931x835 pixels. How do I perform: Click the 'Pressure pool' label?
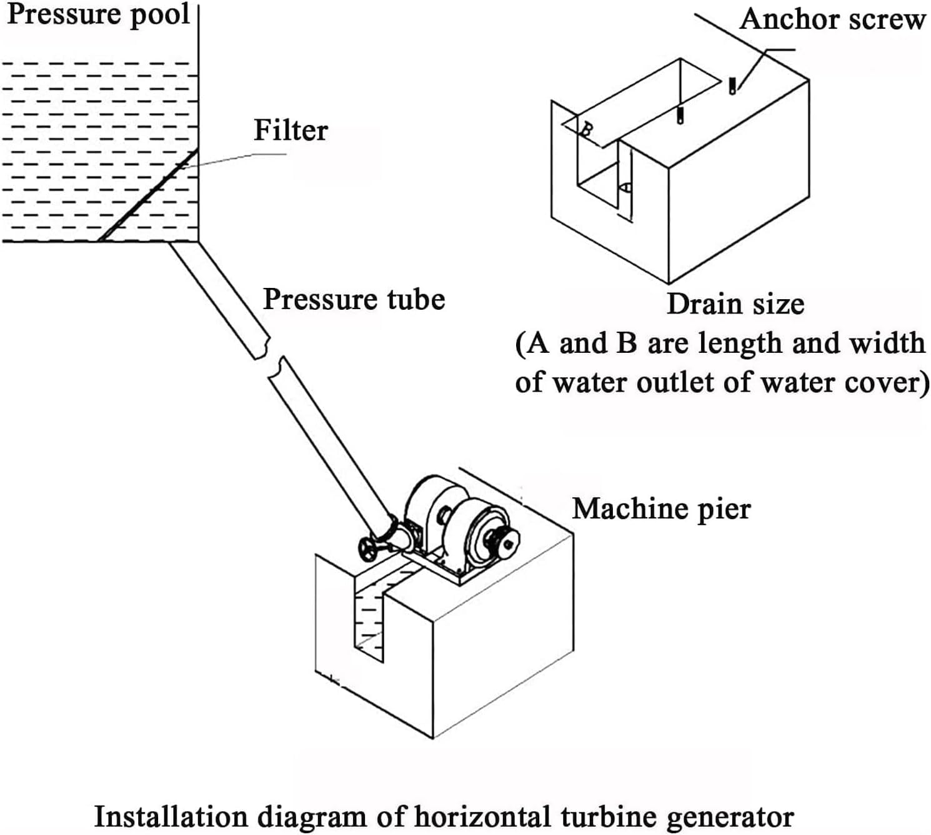pos(98,15)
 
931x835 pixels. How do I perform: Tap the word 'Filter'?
pos(291,131)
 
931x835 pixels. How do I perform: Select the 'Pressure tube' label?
pos(354,299)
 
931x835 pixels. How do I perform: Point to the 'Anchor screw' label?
pos(832,19)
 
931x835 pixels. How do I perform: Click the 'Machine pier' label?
pos(661,508)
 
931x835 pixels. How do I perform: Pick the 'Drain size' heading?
pos(735,304)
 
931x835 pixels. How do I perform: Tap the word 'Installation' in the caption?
pos(170,816)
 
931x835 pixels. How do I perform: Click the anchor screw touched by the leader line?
pos(732,86)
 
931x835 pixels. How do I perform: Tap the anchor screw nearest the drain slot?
pos(680,114)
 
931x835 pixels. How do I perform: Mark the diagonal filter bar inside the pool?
pos(149,195)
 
